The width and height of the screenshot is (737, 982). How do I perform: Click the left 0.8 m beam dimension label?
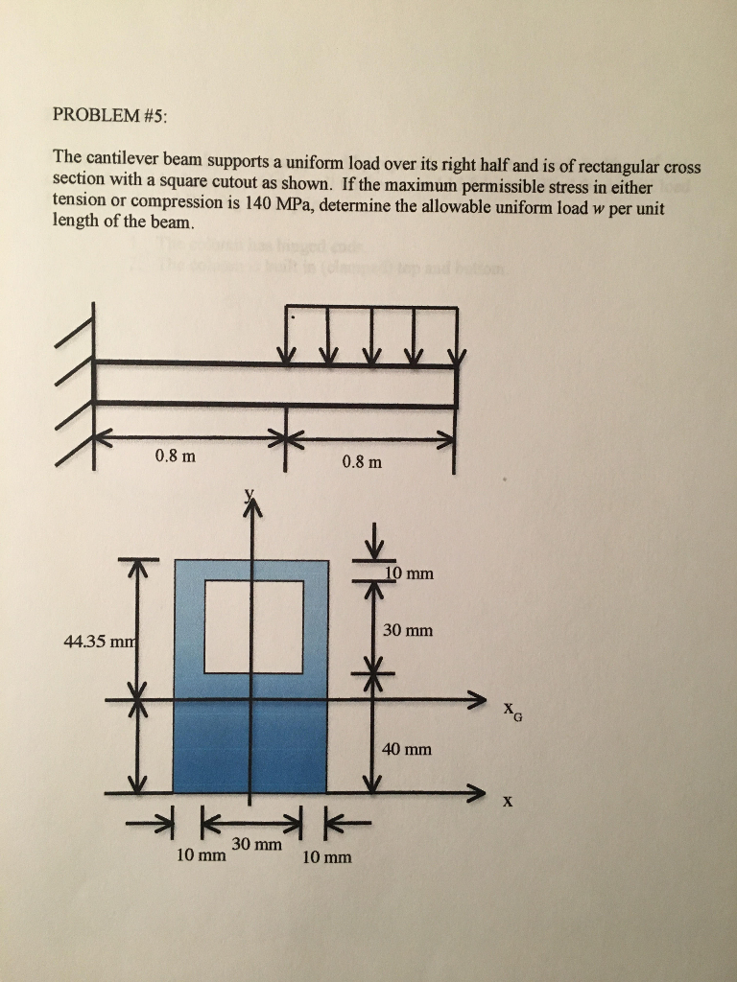[175, 456]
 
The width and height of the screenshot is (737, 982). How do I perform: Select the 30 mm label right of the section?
[408, 630]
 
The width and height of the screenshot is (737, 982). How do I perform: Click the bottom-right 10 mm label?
[326, 857]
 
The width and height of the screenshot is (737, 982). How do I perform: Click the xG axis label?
[509, 710]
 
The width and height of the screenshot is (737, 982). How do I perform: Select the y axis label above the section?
[250, 495]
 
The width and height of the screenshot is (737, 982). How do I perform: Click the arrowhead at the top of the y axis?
[252, 510]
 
